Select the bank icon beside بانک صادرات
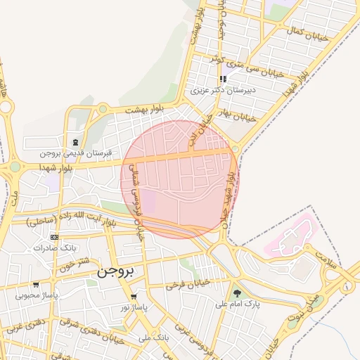[x=54, y=238]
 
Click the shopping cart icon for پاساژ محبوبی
[x=35, y=285]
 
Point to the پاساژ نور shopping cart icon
[x=133, y=297]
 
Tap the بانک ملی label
[x=154, y=337]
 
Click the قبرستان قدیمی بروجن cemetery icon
[x=75, y=142]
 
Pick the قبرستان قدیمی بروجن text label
[x=56, y=153]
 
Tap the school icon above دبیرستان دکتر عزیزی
[x=223, y=79]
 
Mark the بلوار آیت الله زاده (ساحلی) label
[x=71, y=221]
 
